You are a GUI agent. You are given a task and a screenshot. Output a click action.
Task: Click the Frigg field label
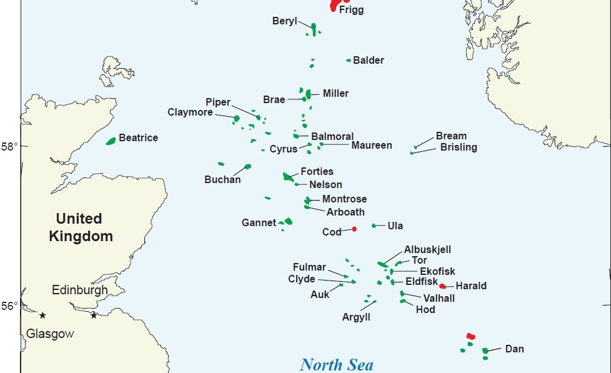351,10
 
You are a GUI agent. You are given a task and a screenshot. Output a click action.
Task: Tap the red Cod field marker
354,229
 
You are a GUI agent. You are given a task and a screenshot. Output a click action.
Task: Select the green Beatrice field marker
111,141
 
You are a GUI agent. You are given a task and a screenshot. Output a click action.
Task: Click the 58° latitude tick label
10,146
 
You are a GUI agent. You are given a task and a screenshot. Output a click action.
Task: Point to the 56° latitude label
10,306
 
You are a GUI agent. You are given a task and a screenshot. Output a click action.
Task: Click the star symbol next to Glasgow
42,315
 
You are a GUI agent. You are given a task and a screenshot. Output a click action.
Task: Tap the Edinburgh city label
79,290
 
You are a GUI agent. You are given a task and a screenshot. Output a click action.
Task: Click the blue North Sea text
337,364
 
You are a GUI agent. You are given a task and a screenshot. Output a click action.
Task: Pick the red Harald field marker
442,286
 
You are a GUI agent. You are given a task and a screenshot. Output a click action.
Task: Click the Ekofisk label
437,271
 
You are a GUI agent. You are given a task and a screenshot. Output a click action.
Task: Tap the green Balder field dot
349,60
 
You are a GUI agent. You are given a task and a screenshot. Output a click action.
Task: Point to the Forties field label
317,171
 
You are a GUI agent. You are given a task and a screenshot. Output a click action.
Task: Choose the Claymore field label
190,112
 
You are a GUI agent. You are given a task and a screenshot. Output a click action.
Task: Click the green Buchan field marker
247,167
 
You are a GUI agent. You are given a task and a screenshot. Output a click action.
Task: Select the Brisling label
459,147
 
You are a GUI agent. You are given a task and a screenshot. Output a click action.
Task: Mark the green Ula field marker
374,226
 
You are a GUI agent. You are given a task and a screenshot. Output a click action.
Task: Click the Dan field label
514,349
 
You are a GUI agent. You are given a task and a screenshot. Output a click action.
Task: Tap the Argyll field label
356,317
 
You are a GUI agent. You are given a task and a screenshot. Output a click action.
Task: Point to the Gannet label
259,222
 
